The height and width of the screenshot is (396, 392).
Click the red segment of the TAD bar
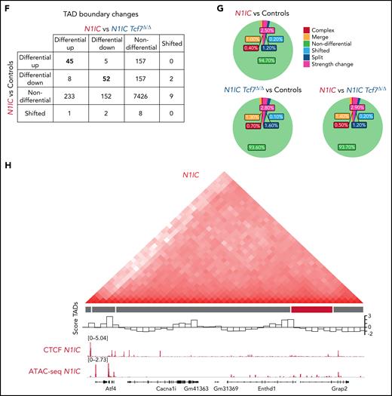pos(311,309)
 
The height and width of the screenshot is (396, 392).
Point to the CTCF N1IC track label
pos(57,350)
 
